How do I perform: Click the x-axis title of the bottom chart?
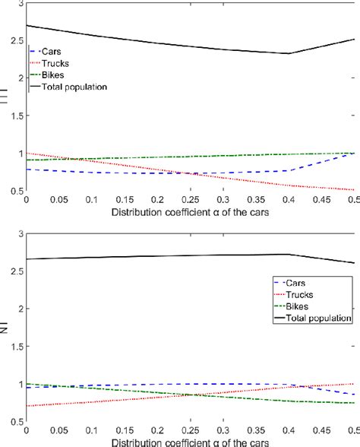tap(190, 441)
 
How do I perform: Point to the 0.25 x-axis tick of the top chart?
tap(190, 200)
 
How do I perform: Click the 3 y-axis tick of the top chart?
tap(21, 5)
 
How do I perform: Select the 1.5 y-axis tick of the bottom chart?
tap(17, 346)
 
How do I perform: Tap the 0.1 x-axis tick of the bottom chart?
tap(92, 430)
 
